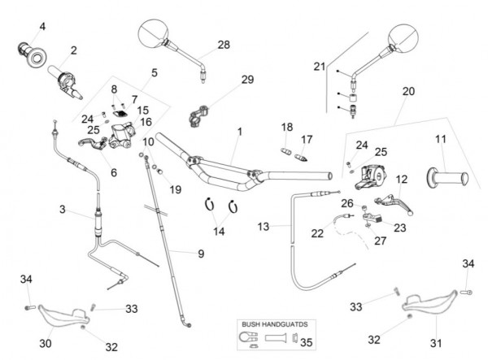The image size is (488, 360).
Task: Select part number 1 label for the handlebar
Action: tap(240, 131)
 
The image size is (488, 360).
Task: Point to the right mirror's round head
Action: tap(404, 39)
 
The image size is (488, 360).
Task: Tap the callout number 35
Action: tap(305, 341)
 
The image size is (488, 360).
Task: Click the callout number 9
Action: tap(200, 253)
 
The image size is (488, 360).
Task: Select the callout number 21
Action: tap(319, 66)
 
